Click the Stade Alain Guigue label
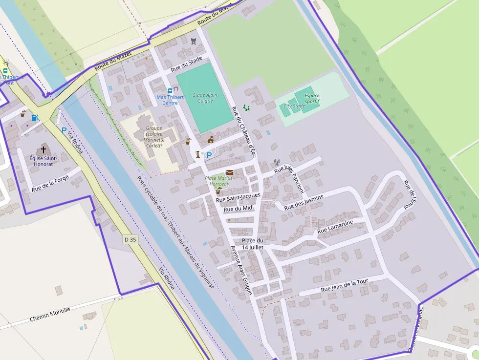click(205, 98)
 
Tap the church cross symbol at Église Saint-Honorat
click(44, 149)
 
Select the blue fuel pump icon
click(35, 117)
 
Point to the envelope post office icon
click(229, 172)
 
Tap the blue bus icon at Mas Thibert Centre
click(170, 90)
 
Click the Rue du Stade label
click(186, 64)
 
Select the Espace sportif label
click(312, 98)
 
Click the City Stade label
click(294, 106)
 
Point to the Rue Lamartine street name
click(335, 226)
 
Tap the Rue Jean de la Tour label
click(344, 286)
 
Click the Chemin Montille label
click(50, 314)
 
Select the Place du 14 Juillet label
click(253, 244)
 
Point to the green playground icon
click(246, 107)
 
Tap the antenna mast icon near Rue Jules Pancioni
click(277, 162)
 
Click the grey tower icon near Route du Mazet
click(194, 41)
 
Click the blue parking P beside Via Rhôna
click(64, 130)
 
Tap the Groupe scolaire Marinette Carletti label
click(154, 137)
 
